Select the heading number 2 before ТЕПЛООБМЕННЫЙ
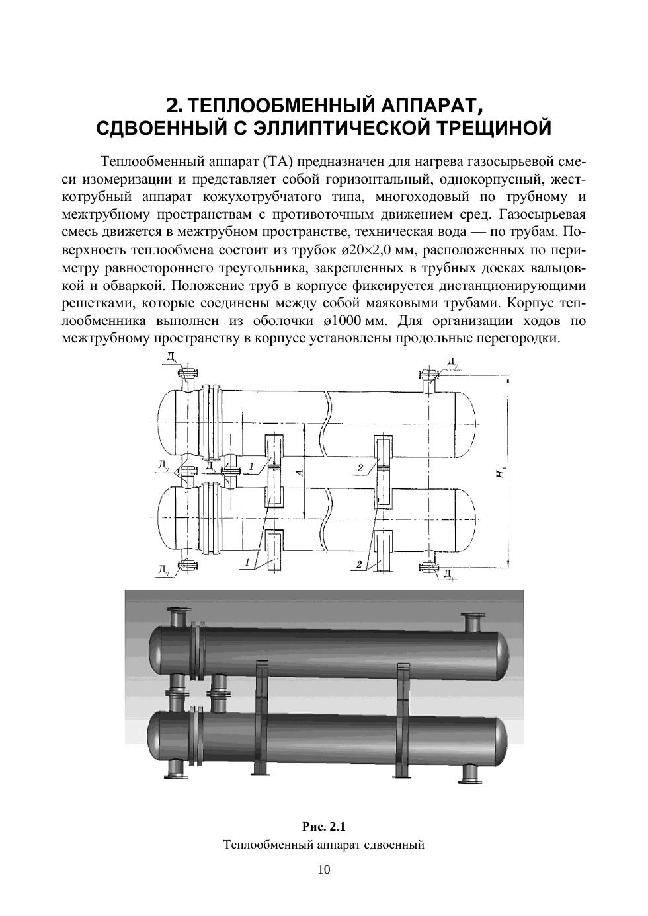pos(174,106)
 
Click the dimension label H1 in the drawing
pos(503,473)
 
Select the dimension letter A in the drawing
pos(299,472)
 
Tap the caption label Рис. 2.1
pos(324,827)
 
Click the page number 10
pos(324,869)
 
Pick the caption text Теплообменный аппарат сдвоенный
pos(324,845)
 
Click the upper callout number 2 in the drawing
pos(360,468)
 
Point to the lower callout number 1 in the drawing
pos(247,563)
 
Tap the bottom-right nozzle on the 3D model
pos(471,771)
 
